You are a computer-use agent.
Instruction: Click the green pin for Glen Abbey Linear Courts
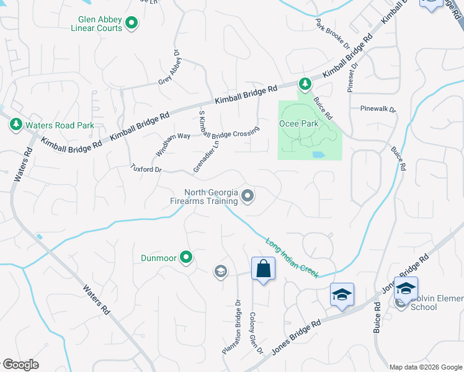coord(131,24)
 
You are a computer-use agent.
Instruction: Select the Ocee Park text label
coord(301,124)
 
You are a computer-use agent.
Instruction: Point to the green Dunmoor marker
coord(185,256)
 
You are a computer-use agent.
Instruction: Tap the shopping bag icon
coord(263,269)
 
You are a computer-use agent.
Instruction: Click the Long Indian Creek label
coord(292,257)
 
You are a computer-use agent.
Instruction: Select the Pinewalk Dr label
coord(378,108)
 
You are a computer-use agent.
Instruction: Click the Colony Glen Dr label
coord(256,333)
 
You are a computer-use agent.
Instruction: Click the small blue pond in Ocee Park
coord(318,154)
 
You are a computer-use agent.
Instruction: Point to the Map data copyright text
coord(425,367)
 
